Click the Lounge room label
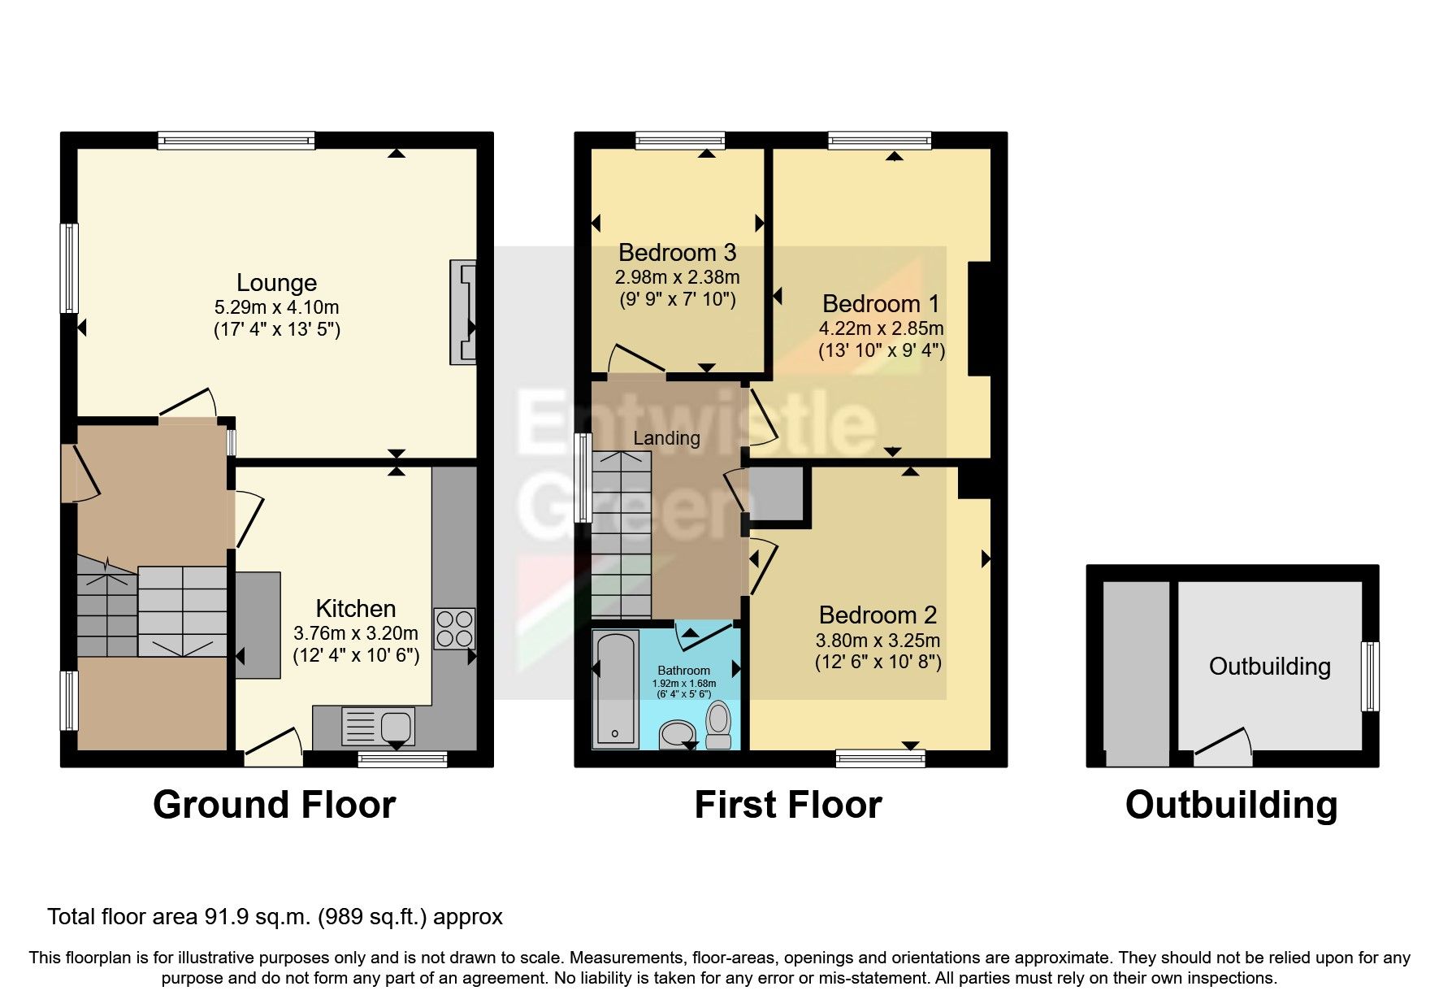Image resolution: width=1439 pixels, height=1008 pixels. [276, 283]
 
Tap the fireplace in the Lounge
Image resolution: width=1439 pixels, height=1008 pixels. [463, 312]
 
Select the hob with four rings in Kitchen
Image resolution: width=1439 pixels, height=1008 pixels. [454, 628]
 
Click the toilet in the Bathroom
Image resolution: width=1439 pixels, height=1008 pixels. [718, 726]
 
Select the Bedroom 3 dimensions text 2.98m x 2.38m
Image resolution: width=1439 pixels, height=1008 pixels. [677, 276]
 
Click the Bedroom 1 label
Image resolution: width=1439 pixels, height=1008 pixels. [880, 304]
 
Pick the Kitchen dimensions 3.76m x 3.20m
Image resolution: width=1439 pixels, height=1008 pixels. [356, 633]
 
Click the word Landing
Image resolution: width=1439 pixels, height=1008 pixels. [666, 438]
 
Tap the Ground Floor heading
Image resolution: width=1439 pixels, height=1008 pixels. [274, 805]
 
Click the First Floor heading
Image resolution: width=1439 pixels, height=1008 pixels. [787, 805]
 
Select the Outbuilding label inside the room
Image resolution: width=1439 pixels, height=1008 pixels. [1269, 667]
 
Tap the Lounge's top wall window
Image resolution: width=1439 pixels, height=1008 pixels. [236, 141]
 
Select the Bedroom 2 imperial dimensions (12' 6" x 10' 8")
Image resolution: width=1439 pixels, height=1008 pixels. [878, 663]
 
